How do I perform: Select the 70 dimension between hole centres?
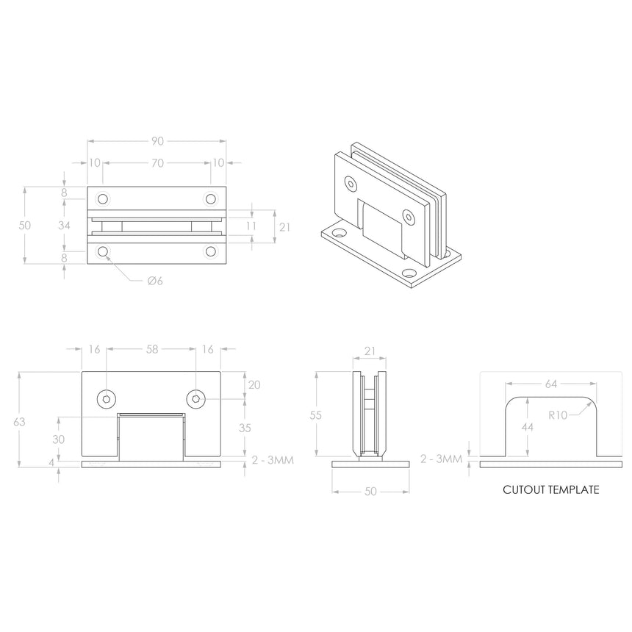pos(157,163)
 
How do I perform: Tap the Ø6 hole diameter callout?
pos(154,281)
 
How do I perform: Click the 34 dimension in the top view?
pos(65,226)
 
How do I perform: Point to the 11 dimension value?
pos(251,226)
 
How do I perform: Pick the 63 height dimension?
pos(20,421)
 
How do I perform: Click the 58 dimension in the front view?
pos(152,350)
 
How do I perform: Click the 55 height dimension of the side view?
pos(316,415)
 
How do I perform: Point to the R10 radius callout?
pos(558,414)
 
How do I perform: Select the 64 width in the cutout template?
pos(551,384)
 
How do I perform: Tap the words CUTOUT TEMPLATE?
pos(550,489)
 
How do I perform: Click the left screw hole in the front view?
pos(107,399)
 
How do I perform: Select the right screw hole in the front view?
pos(196,399)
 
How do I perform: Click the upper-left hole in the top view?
pos(103,199)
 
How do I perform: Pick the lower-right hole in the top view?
pos(212,252)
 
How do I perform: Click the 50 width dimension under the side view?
pos(370,492)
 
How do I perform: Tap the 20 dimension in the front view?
pos(255,385)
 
